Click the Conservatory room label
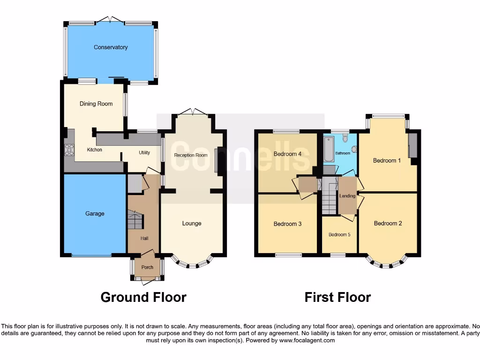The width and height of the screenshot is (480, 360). coord(111,47)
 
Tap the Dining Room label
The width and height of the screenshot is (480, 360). coord(96,104)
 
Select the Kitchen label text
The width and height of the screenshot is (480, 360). coord(94,150)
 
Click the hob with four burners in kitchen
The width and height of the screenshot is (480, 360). coord(69,150)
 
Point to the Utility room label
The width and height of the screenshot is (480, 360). coord(144,153)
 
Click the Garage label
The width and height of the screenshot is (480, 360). coord(95,214)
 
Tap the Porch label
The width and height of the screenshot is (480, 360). coord(147,268)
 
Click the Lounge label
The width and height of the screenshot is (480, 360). coord(192,224)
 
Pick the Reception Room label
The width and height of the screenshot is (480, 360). coord(191,155)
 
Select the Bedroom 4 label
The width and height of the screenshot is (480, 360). coord(287,154)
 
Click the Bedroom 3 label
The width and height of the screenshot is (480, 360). coord(287,224)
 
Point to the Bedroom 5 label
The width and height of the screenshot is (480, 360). coord(339,235)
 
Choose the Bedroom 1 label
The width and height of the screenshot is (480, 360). coord(387,161)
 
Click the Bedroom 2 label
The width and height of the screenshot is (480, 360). coord(388,224)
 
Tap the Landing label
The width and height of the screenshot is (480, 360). coord(347,196)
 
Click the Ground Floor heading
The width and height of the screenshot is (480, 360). coord(143,297)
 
